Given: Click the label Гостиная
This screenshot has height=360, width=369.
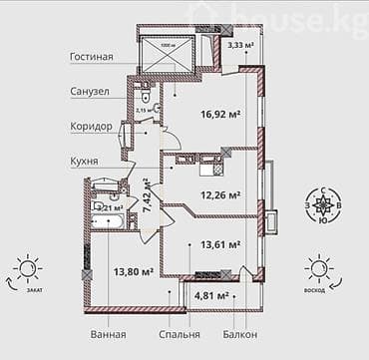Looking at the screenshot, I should [x=91, y=57].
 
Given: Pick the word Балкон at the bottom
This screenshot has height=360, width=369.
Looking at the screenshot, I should [x=240, y=334].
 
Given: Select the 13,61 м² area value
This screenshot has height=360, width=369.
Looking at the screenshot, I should [x=220, y=243].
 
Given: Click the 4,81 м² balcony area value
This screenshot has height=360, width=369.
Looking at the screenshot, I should [x=211, y=295].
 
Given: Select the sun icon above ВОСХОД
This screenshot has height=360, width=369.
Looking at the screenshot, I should [x=319, y=266].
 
